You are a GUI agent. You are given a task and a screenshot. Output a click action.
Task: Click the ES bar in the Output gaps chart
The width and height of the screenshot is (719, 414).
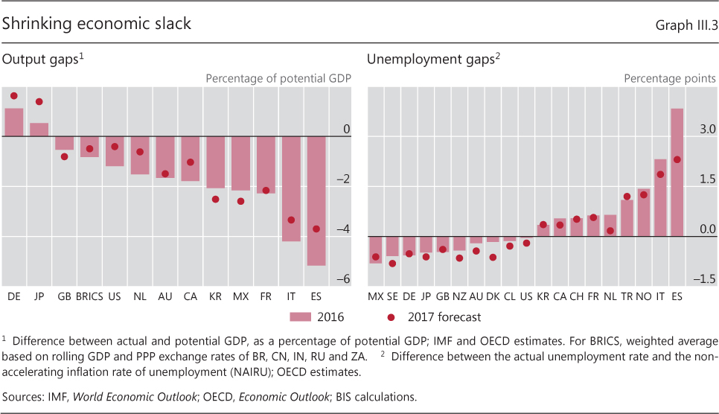coord(316,200)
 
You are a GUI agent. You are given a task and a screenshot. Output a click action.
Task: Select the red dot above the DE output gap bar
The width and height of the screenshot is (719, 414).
coord(13,96)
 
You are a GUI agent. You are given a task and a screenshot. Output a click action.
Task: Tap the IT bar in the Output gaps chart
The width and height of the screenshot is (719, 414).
coord(291,188)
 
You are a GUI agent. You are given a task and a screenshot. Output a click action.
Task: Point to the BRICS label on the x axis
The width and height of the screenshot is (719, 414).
coord(89,296)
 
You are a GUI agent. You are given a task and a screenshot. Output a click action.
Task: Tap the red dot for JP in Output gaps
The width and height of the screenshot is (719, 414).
coord(39,101)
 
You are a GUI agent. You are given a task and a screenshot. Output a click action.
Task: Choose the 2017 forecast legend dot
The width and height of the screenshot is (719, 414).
coord(391,317)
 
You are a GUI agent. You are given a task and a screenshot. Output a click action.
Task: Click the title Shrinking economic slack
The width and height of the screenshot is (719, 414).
coord(96,24)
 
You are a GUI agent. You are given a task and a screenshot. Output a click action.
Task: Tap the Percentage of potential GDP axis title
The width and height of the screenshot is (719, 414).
coord(278,78)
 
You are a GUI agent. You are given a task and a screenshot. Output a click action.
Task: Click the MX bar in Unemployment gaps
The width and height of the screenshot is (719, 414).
coord(375,249)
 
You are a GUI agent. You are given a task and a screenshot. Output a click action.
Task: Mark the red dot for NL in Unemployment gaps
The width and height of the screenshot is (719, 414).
coord(610,231)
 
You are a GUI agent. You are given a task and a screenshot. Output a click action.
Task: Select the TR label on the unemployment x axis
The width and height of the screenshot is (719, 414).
coord(627,296)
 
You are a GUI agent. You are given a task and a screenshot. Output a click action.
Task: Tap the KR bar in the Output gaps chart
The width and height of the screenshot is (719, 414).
coord(215,162)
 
